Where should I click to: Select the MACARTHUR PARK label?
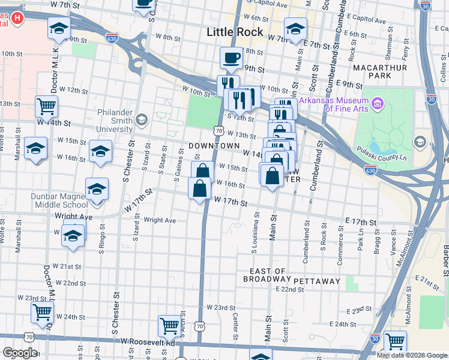(380, 72)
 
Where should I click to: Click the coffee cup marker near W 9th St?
(231, 58)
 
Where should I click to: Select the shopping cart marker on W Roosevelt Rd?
(169, 326)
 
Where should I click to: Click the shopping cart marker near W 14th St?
(46, 107)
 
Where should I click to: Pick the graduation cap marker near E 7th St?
(295, 29)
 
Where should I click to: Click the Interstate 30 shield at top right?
(425, 5)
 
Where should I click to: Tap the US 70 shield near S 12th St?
(218, 130)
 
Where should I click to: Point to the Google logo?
(20, 353)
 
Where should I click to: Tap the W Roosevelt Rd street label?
(147, 341)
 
